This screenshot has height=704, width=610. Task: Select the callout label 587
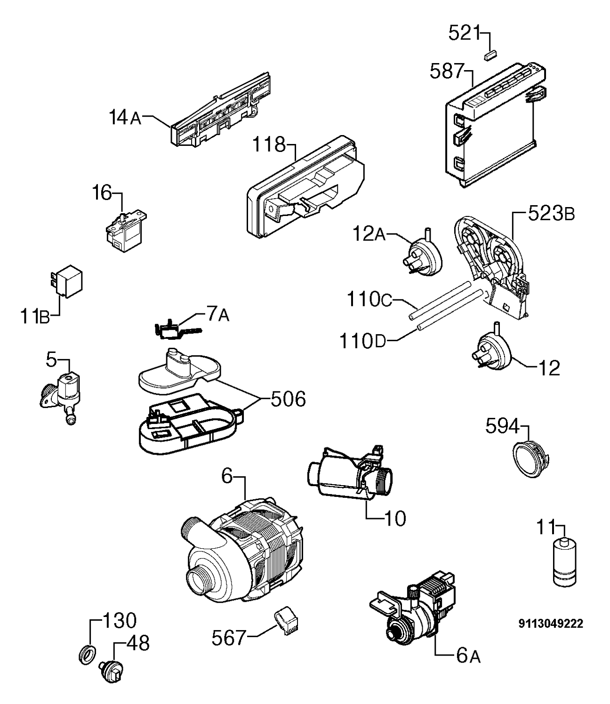(x=447, y=71)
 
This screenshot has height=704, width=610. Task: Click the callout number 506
(x=288, y=399)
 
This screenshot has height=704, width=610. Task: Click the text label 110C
(x=369, y=299)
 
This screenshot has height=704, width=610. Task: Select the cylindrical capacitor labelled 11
(x=564, y=567)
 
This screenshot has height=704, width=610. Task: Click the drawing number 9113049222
(x=551, y=623)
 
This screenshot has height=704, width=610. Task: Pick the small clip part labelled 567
(x=287, y=624)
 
